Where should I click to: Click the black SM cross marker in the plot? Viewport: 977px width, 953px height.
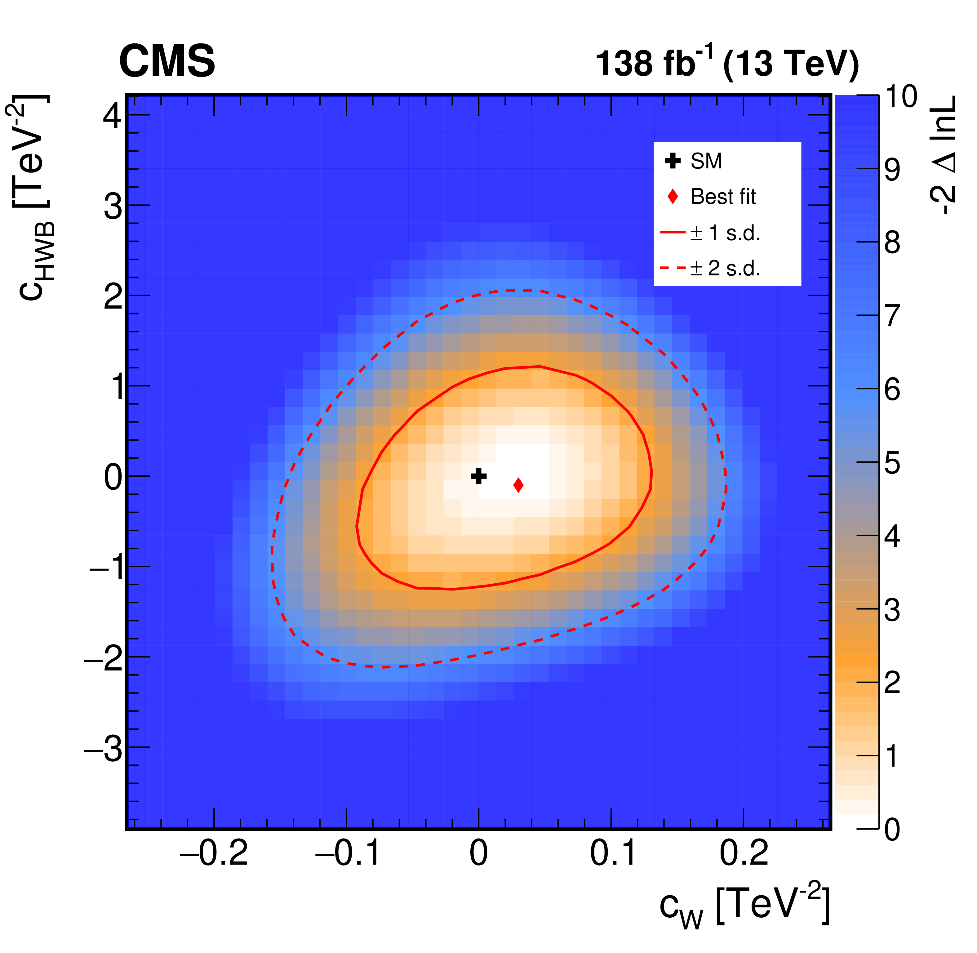pyautogui.click(x=478, y=476)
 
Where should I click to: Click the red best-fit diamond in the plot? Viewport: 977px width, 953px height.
pyautogui.click(x=518, y=485)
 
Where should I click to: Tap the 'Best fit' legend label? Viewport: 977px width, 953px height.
pyautogui.click(x=723, y=197)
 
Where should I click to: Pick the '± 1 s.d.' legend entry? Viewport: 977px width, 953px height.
pyautogui.click(x=725, y=233)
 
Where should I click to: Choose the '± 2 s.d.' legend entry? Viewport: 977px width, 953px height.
pyautogui.click(x=725, y=269)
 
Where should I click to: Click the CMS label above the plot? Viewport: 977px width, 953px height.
pyautogui.click(x=167, y=61)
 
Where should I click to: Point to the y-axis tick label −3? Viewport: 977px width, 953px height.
pyautogui.click(x=103, y=748)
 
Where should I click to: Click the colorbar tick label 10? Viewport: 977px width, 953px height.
pyautogui.click(x=901, y=96)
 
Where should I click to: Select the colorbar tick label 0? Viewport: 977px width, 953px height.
pyautogui.click(x=892, y=829)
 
